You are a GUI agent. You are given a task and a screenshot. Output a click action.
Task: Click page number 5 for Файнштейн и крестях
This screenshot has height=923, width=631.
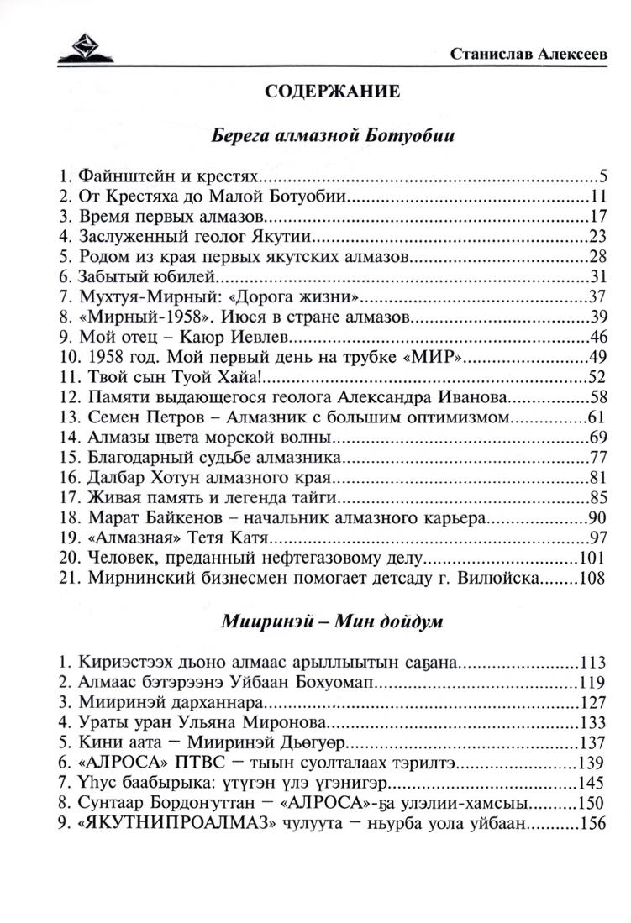coord(602,176)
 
